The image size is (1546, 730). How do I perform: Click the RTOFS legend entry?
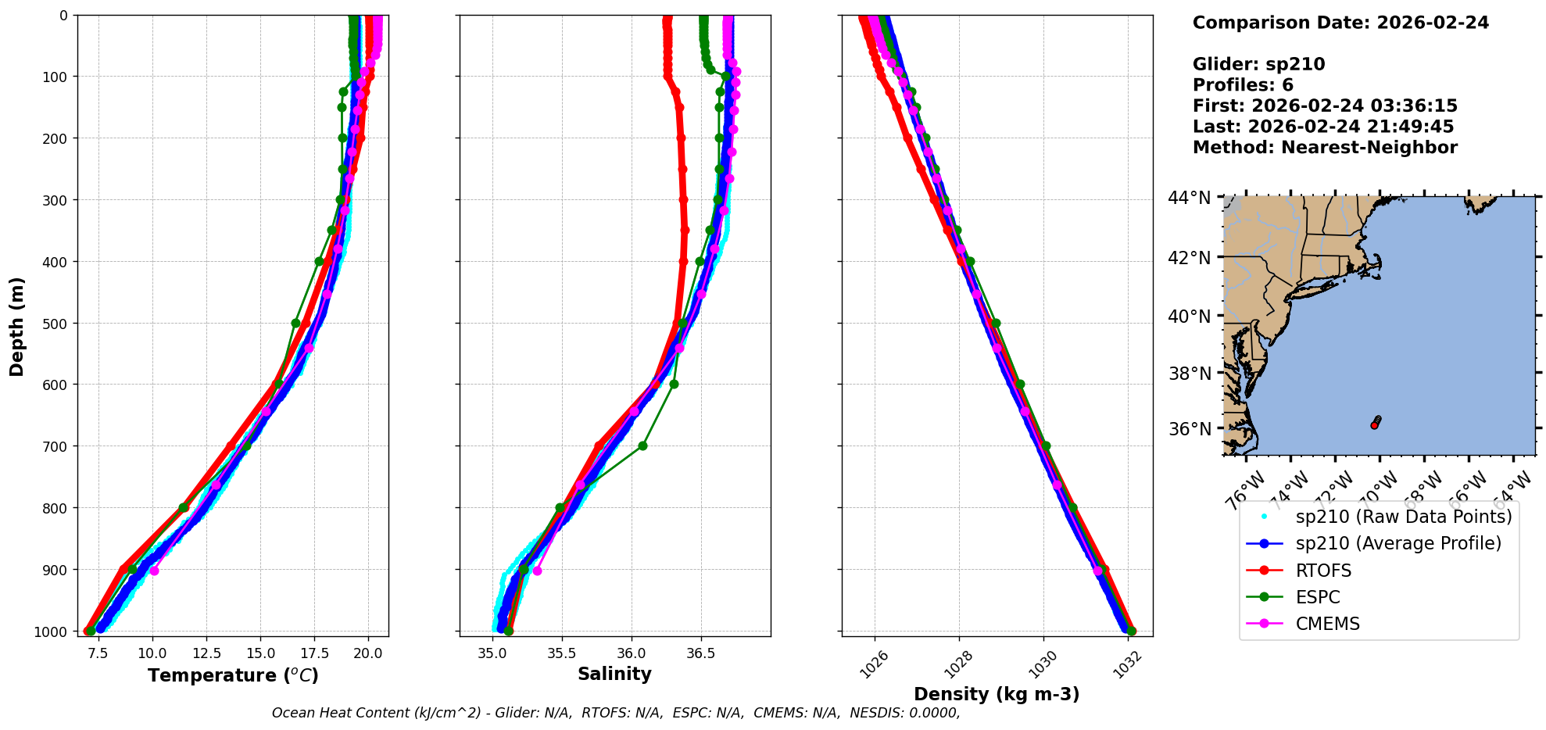(x=1323, y=571)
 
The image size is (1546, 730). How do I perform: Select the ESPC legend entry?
(x=1318, y=597)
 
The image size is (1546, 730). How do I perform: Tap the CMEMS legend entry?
(x=1327, y=624)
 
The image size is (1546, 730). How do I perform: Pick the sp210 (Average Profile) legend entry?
(x=1398, y=543)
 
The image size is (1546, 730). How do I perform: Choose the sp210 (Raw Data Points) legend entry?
(x=1404, y=517)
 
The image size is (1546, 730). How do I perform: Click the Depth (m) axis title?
(x=16, y=326)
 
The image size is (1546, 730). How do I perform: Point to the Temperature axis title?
(x=233, y=675)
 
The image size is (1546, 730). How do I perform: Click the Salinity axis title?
(x=614, y=674)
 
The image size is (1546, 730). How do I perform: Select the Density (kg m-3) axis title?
(x=997, y=694)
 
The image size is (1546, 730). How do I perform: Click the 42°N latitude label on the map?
(x=1190, y=258)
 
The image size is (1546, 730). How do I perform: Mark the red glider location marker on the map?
(x=1374, y=425)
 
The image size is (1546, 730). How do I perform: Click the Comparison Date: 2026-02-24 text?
(x=1340, y=23)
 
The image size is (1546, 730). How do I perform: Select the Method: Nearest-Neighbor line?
(x=1325, y=148)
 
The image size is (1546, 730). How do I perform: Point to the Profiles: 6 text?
(x=1243, y=85)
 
